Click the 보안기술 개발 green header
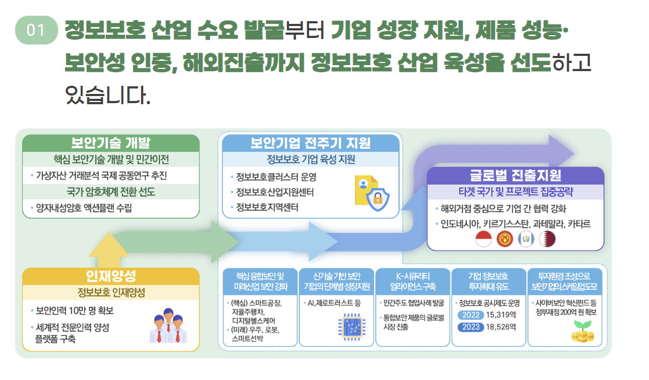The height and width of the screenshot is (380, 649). coord(111,143)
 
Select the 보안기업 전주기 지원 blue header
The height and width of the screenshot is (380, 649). coord(310,143)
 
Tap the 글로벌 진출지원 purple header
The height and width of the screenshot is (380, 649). coord(515,175)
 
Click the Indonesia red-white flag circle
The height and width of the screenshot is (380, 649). coord(483,239)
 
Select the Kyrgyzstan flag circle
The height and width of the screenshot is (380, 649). coord(505,239)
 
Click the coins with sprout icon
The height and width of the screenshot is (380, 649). coord(582,331)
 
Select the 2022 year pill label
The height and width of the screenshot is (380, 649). coord(470,315)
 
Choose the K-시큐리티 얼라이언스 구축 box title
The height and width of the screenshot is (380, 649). coord(413,281)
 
